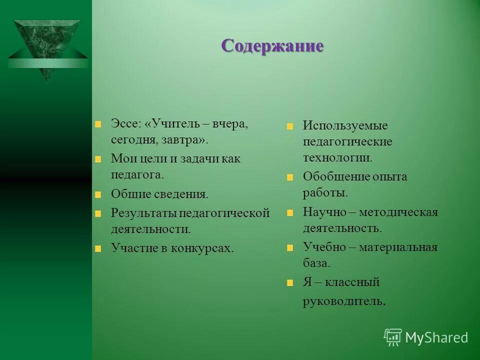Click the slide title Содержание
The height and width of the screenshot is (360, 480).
pyautogui.click(x=272, y=45)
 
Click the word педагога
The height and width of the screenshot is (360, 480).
pyautogui.click(x=137, y=174)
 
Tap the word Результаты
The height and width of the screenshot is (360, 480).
pyautogui.click(x=143, y=213)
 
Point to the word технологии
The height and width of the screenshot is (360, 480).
pyautogui.click(x=337, y=157)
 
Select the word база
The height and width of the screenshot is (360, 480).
pyautogui.click(x=316, y=263)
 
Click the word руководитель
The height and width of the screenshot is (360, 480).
pyautogui.click(x=344, y=301)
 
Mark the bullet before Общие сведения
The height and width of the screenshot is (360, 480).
pyautogui.click(x=98, y=194)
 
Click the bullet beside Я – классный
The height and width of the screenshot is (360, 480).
pyautogui.click(x=290, y=283)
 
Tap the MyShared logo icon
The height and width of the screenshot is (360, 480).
pyautogui.click(x=393, y=337)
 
